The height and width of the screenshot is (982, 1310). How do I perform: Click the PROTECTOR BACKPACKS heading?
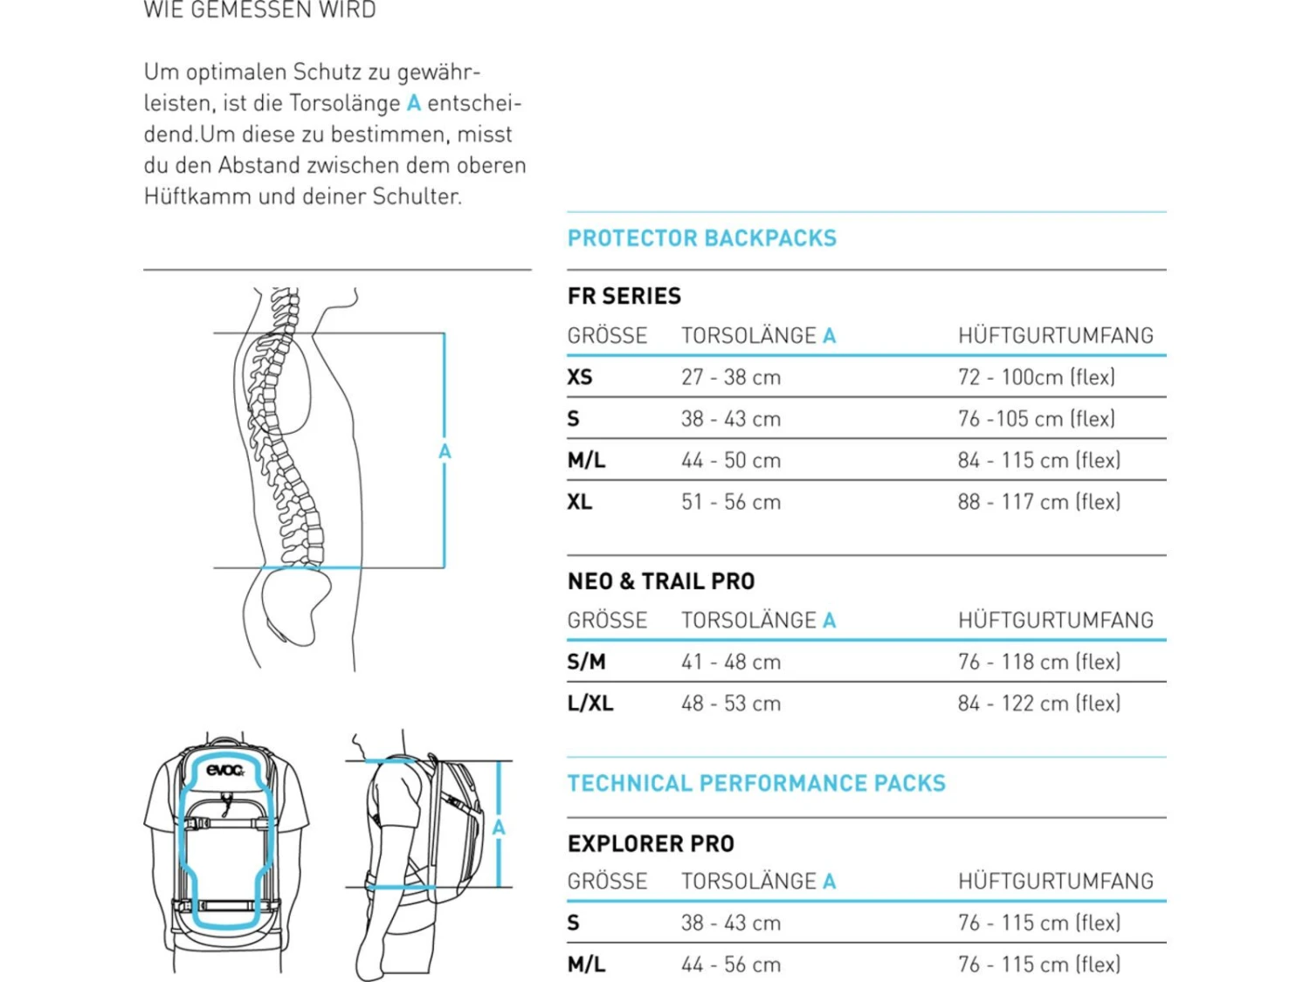pyautogui.click(x=702, y=238)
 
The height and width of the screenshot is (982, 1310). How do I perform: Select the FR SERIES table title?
pyautogui.click(x=624, y=296)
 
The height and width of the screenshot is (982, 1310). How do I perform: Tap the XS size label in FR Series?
pyautogui.click(x=580, y=377)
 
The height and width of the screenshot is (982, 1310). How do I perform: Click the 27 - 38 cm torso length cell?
pyautogui.click(x=731, y=377)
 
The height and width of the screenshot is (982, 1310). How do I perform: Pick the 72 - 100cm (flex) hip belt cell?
pyautogui.click(x=1037, y=377)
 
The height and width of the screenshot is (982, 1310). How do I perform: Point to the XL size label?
pyautogui.click(x=580, y=501)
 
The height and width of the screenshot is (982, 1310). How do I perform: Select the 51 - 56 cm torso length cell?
pyautogui.click(x=731, y=501)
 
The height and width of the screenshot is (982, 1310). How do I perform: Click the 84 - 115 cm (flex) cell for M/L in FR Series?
pyautogui.click(x=1039, y=460)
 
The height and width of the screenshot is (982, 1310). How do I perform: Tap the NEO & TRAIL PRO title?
pyautogui.click(x=661, y=580)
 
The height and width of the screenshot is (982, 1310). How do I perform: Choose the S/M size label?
pyautogui.click(x=586, y=662)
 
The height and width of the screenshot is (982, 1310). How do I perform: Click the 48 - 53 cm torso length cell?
pyautogui.click(x=731, y=704)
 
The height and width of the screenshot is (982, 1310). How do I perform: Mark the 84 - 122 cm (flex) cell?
pyautogui.click(x=1039, y=704)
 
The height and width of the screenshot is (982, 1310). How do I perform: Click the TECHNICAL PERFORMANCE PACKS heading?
pyautogui.click(x=757, y=783)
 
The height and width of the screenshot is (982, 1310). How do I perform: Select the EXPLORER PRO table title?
pyautogui.click(x=652, y=844)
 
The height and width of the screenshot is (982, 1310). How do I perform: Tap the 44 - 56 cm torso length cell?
pyautogui.click(x=731, y=965)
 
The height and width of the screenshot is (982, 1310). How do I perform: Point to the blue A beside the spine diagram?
pyautogui.click(x=445, y=451)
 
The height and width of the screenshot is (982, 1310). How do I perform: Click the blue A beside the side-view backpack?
pyautogui.click(x=499, y=827)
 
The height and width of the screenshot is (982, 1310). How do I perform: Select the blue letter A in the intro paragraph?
pyautogui.click(x=414, y=103)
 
